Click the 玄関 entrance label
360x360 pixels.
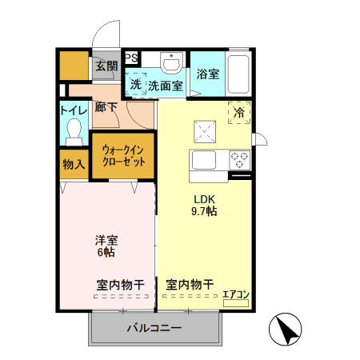106,66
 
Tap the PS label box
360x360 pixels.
131,57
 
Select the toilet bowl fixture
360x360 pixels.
74,129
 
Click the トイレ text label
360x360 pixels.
74,112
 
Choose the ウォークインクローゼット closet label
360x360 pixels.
123,154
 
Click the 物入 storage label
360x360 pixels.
74,164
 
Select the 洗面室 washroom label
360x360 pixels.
166,85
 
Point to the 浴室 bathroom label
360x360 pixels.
208,74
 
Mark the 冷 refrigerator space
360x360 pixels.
239,114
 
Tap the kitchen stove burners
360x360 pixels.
240,158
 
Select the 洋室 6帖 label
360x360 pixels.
105,245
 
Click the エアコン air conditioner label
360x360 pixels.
235,294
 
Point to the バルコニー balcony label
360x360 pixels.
154,328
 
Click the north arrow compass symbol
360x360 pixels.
286,328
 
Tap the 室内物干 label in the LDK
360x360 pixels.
189,284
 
